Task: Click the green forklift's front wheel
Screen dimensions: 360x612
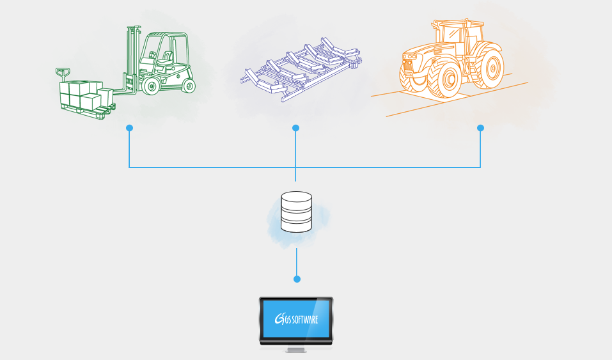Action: click(152, 86)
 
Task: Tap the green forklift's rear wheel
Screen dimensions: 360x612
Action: click(188, 85)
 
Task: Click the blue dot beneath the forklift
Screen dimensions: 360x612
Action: click(129, 128)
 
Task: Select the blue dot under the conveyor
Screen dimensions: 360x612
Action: click(295, 128)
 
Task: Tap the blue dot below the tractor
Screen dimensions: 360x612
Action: click(480, 128)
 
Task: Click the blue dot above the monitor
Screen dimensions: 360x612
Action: click(296, 279)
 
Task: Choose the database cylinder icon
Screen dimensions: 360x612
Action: click(296, 211)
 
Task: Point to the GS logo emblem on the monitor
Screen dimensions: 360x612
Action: click(279, 318)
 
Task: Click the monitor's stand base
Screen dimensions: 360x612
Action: click(295, 350)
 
